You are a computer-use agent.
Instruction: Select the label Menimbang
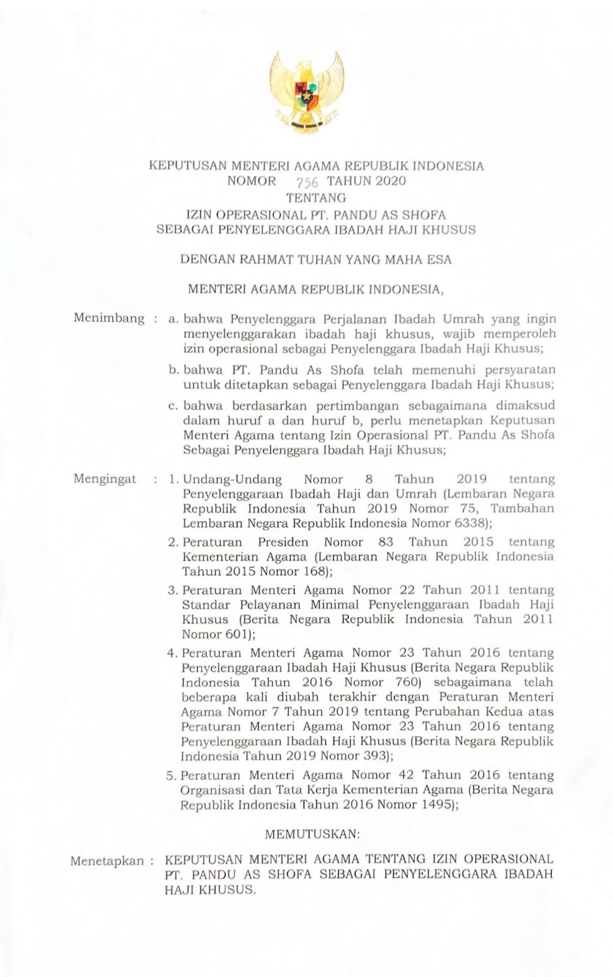tap(109, 318)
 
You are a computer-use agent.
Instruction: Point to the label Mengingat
tap(105, 479)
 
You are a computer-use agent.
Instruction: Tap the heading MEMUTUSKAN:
tap(313, 832)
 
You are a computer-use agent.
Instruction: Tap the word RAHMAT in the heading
tap(259, 259)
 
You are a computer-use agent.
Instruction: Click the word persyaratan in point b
tap(520, 369)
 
